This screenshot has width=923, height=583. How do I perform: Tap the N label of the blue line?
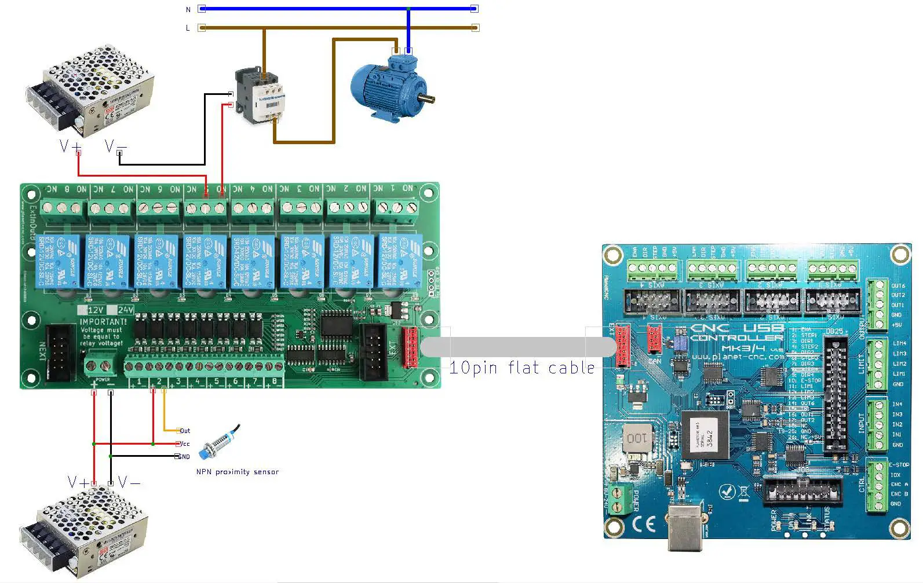[188, 9]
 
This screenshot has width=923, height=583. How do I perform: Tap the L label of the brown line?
[188, 28]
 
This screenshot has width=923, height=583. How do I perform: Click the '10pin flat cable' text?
[521, 368]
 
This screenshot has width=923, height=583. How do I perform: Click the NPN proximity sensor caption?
[238, 472]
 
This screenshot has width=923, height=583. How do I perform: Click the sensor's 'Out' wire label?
[185, 431]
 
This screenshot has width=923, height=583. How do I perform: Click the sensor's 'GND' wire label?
[184, 457]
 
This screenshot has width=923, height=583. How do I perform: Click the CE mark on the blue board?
[644, 524]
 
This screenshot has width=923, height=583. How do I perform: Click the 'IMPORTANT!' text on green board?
[103, 321]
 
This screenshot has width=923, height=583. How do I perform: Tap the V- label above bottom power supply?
[129, 482]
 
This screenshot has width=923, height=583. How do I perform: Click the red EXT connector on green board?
[410, 347]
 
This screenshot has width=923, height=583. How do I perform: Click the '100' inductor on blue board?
[636, 438]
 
